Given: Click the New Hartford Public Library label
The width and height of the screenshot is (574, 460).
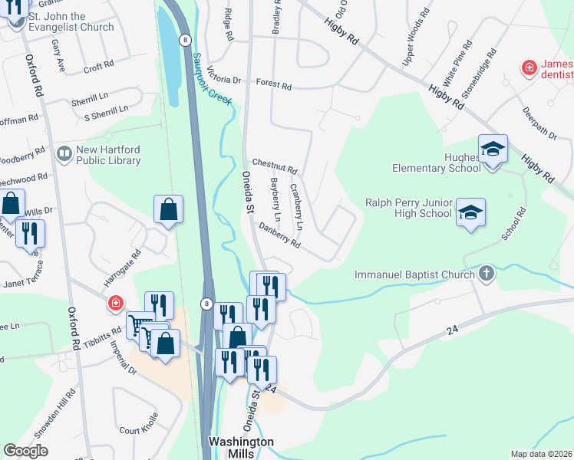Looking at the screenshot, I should coord(107,156).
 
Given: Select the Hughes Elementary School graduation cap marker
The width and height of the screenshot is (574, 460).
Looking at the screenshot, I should coord(493,149).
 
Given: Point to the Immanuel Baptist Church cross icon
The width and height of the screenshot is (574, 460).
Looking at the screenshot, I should coord(485,274).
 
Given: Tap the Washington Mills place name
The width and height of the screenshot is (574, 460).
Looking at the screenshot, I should coord(241,448).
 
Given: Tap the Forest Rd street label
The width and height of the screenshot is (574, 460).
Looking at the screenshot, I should coord(274,85).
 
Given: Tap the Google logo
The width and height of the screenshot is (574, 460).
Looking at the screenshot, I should coord(25,450).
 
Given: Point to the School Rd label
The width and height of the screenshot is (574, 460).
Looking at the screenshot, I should coord(513,224).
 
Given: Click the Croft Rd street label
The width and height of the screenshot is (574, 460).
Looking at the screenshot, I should coord(98,68).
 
